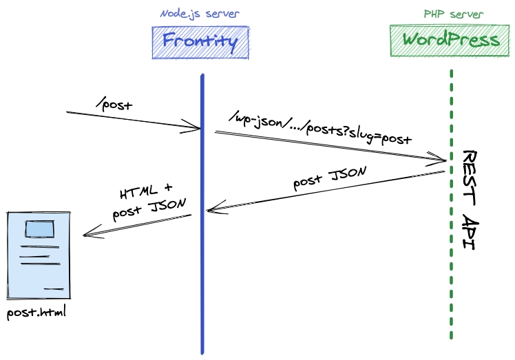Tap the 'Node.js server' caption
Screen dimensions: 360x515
click(200, 14)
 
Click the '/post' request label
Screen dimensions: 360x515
click(114, 105)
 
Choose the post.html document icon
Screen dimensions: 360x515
click(39, 255)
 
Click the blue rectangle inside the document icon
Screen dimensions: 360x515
click(39, 228)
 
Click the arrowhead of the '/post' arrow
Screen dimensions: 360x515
click(196, 127)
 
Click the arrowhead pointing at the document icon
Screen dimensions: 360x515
click(86, 235)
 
